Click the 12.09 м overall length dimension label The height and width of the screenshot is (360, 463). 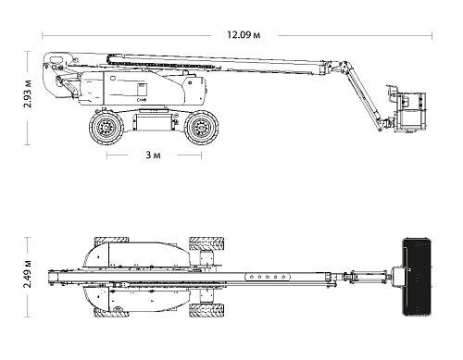click(x=244, y=35)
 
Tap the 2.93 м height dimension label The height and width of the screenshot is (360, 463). click(x=28, y=93)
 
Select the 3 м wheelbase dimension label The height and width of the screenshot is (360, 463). click(x=153, y=155)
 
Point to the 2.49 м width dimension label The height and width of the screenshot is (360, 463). click(x=28, y=274)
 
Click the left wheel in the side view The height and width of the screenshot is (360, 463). click(x=106, y=127)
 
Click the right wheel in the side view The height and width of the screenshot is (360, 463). click(x=201, y=127)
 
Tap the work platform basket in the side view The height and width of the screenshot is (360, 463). click(x=410, y=111)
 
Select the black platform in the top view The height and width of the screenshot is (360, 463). click(x=417, y=277)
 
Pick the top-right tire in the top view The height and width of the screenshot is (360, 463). click(x=206, y=243)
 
